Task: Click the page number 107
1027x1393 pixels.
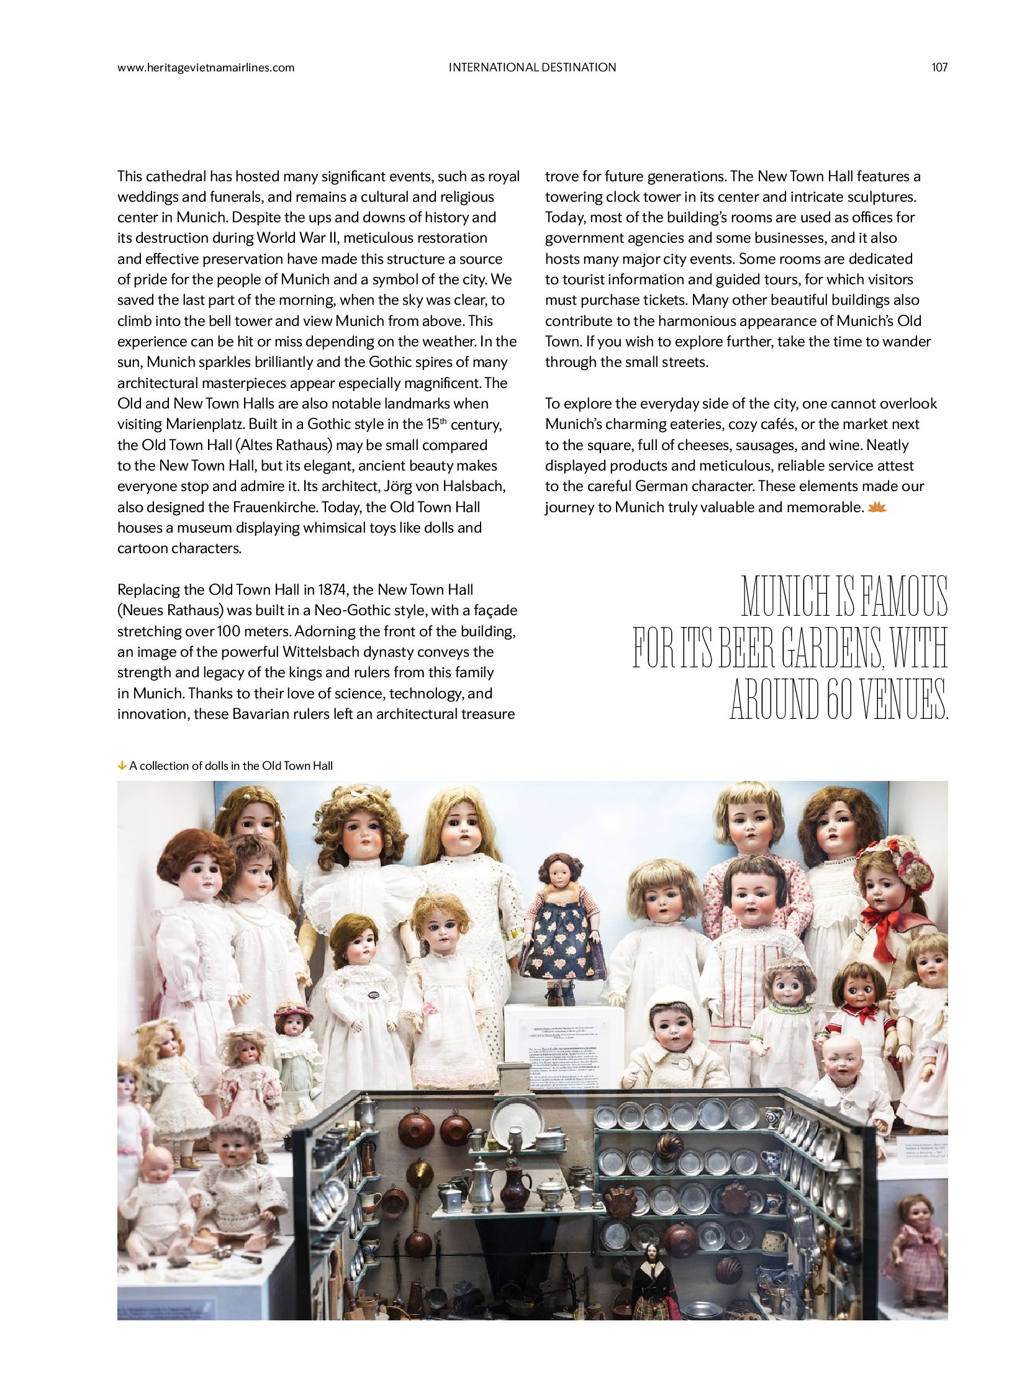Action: (939, 67)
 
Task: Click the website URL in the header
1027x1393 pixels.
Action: (206, 67)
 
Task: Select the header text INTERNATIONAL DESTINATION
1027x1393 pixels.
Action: (532, 67)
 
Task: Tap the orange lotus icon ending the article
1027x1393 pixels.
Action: (877, 508)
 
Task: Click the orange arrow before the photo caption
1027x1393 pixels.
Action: (122, 766)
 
